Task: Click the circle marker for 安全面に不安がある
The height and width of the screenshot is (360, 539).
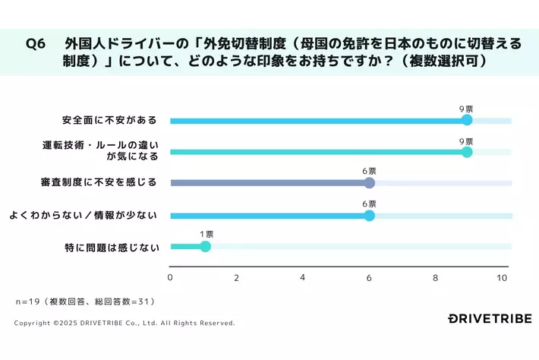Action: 467,120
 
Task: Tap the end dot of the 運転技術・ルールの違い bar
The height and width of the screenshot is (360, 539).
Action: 467,152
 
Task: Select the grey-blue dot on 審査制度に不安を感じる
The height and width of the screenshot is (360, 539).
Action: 369,183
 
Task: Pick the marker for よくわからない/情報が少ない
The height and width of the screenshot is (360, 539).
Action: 369,215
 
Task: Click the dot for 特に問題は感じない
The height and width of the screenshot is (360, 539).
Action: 204,246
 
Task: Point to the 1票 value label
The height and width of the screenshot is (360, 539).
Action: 206,234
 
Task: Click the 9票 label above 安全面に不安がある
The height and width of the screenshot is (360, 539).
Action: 466,109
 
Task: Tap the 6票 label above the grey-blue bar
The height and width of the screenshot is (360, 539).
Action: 369,172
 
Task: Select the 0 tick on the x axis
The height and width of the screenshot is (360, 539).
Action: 170,277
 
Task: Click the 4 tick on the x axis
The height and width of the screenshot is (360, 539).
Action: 303,277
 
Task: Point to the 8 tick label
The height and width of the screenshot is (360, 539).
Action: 436,277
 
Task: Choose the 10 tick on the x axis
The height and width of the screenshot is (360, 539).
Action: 502,277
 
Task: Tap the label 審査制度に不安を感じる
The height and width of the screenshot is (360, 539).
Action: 99,183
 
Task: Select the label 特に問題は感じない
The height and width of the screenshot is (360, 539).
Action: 112,246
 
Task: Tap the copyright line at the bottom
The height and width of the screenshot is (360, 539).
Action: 125,323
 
